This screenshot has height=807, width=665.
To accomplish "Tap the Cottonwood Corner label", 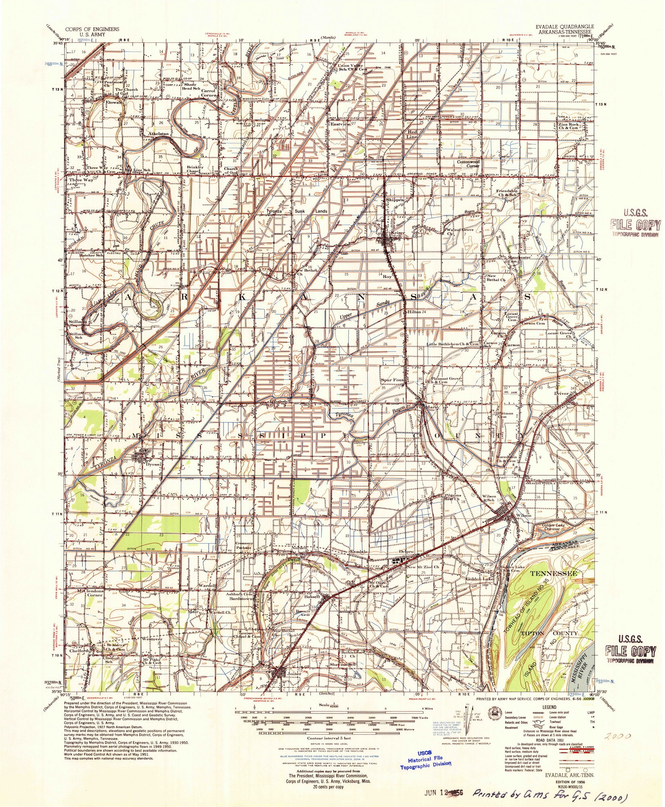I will coord(468,163).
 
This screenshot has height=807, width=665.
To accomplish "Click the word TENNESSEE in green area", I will coord(553,573).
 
